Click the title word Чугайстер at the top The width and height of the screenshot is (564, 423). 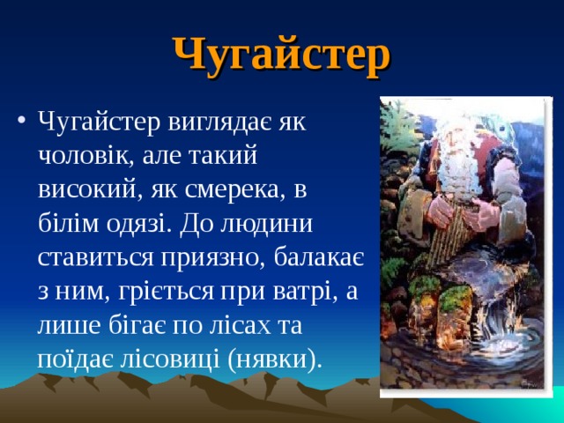point(280,55)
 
